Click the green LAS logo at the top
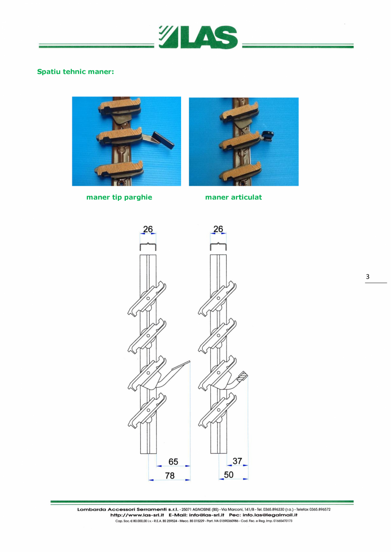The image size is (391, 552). [x=198, y=37]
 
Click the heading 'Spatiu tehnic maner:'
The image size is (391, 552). [x=76, y=72]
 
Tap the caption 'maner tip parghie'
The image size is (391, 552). [x=119, y=197]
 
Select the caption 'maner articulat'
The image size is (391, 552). [x=233, y=197]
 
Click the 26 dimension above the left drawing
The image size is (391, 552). [x=148, y=229]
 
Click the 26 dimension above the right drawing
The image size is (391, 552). [x=218, y=229]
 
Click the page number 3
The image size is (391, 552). [x=368, y=277]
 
